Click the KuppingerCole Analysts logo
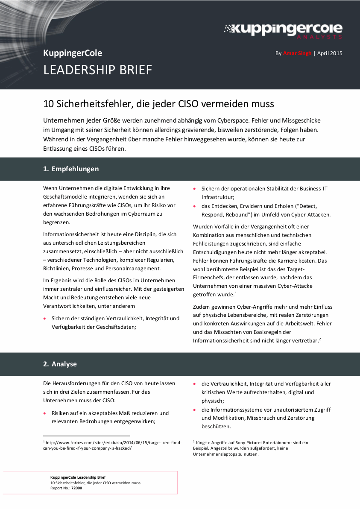click(283, 30)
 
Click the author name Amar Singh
click(297, 53)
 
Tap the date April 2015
click(330, 53)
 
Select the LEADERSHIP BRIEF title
click(98, 70)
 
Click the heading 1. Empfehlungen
click(71, 169)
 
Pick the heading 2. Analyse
click(60, 364)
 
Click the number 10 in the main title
click(48, 104)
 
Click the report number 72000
click(77, 488)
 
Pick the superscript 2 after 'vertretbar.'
click(320, 339)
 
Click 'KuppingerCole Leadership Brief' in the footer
click(78, 477)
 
